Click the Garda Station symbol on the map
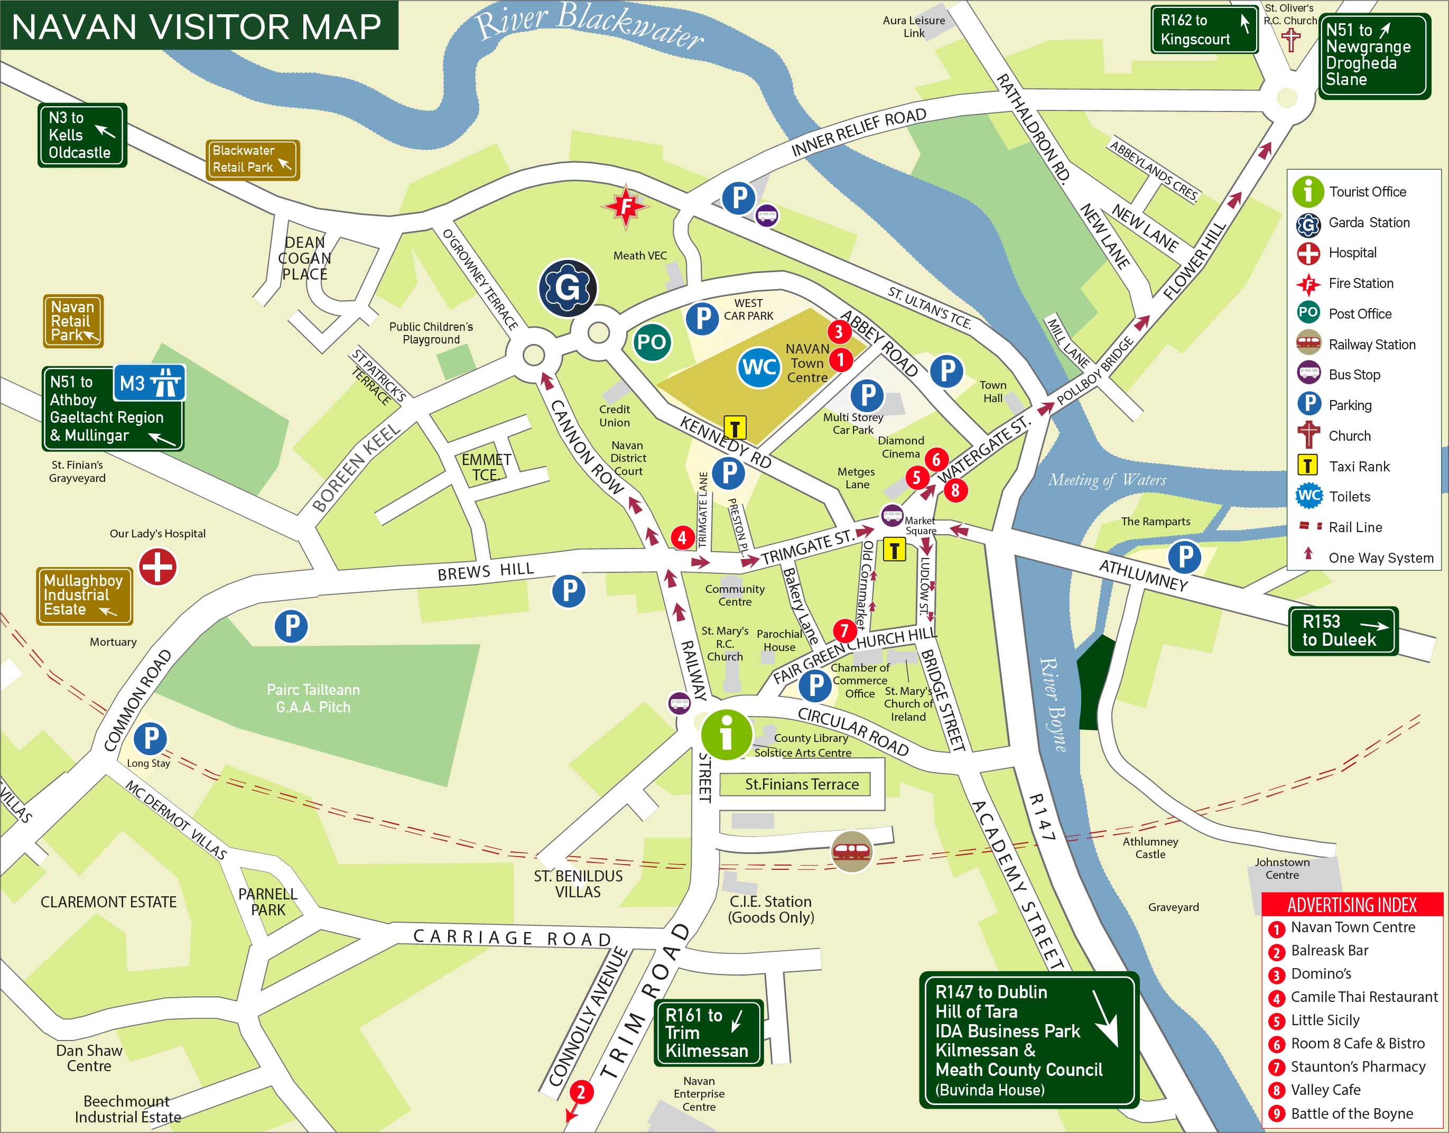567,288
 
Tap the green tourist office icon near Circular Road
727,735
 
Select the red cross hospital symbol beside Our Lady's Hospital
158,567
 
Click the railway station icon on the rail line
851,851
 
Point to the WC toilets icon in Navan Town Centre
758,367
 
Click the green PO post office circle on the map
651,342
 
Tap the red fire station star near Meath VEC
626,206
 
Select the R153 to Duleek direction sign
1343,630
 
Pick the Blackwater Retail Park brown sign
252,160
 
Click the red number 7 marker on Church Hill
844,630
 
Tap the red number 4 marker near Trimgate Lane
682,537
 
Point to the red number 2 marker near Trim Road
581,1091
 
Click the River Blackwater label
590,25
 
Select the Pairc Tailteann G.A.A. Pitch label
313,699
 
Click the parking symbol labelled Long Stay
151,738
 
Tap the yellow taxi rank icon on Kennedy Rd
735,428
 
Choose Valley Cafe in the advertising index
1325,1090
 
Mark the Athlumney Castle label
1150,848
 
